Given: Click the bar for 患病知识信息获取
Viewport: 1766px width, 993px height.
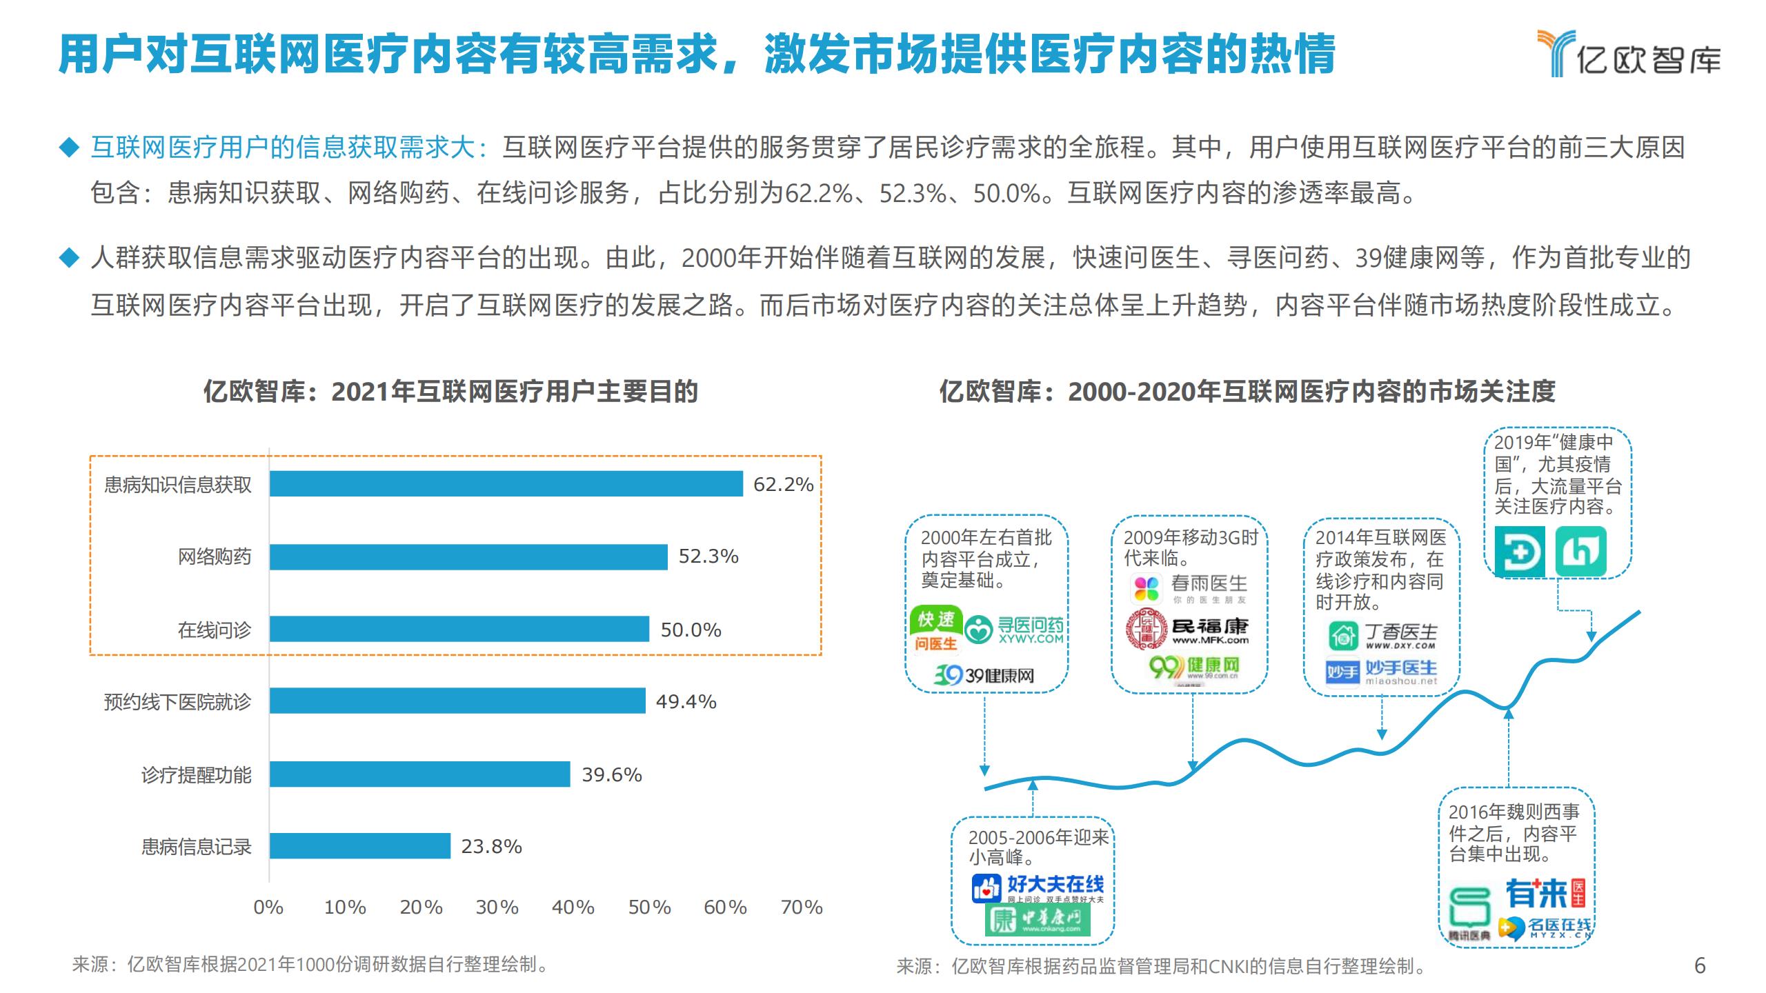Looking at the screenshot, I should click(x=506, y=484).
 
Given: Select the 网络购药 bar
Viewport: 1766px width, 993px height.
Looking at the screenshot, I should click(x=468, y=557).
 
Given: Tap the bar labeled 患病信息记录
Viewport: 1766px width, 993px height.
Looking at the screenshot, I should click(x=359, y=846).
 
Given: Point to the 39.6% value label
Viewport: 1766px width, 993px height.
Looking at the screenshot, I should click(x=612, y=774).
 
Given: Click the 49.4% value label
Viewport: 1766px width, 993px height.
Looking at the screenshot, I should click(x=686, y=701).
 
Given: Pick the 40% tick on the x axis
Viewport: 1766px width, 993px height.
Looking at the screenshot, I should click(x=573, y=907).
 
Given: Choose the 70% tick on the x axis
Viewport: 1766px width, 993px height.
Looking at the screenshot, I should click(x=801, y=907).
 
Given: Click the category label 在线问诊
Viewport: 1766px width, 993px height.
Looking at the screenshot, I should click(x=215, y=630).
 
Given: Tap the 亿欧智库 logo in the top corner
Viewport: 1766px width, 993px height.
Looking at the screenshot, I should click(x=1629, y=54).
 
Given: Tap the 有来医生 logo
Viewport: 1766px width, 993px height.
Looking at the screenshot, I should click(x=1545, y=894).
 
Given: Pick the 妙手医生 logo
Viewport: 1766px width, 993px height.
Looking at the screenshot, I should click(x=1382, y=672).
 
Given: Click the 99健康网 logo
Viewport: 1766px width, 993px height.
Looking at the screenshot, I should click(x=1194, y=667).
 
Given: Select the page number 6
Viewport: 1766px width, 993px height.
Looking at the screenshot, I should click(x=1700, y=965).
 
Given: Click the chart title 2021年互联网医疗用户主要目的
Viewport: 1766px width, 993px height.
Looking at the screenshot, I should click(x=450, y=392).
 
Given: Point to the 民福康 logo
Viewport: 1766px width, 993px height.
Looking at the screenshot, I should click(x=1188, y=630).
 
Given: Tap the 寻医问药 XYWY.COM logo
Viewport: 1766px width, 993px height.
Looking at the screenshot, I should click(x=1013, y=630).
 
